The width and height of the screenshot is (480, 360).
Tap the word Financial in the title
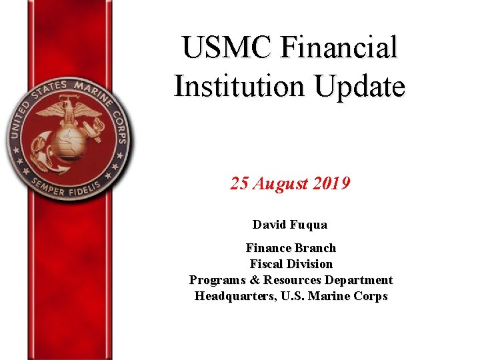[x=339, y=48]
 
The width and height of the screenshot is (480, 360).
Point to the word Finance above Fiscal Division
[x=268, y=248]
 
